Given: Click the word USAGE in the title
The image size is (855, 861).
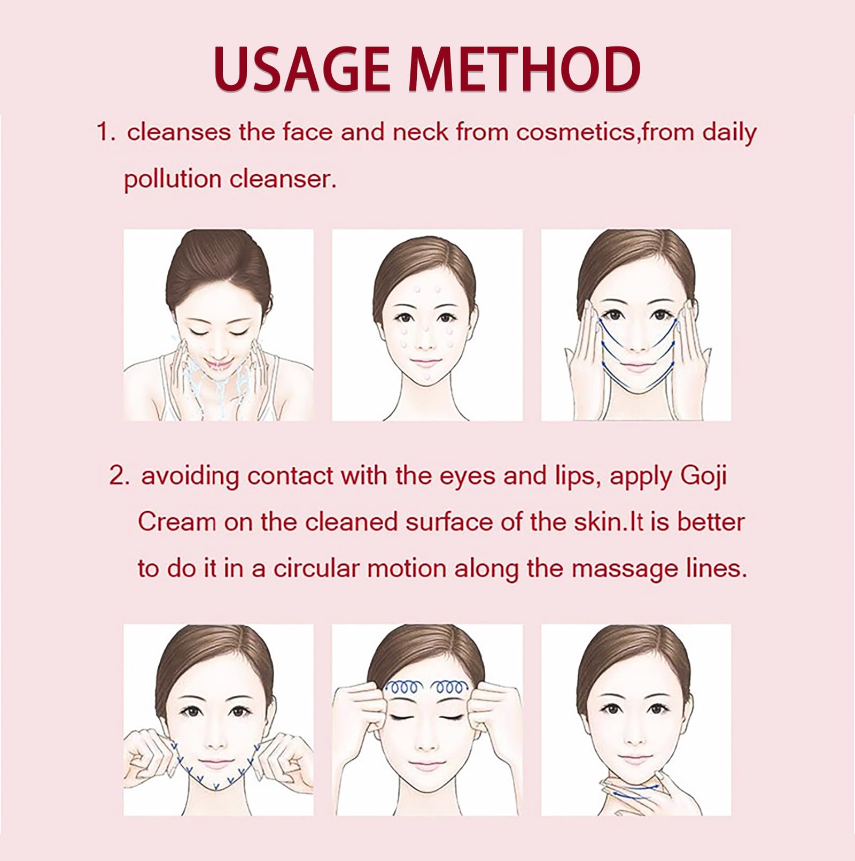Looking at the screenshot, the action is click(x=302, y=68).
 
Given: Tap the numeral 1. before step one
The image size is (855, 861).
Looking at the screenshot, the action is click(x=106, y=132).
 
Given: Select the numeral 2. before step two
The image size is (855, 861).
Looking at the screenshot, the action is click(x=119, y=475).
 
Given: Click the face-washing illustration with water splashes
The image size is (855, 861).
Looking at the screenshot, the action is click(x=219, y=325).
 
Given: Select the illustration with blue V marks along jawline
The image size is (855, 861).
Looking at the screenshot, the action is click(x=219, y=720).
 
